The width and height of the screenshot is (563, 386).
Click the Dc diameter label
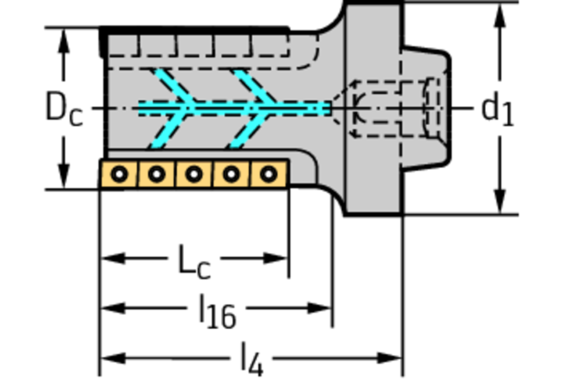point(64,108)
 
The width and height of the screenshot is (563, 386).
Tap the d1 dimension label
point(497,108)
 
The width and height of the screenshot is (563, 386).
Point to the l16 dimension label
point(218,311)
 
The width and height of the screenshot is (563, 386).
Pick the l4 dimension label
point(252,359)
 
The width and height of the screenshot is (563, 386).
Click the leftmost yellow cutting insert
point(119,175)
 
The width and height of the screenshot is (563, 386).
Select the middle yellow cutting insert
point(194,175)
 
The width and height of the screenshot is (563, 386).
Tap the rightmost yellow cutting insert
point(269,175)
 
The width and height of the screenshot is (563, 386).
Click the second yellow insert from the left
point(156,175)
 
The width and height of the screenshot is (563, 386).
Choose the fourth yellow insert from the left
point(231,175)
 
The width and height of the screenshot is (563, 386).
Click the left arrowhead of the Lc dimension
point(113,258)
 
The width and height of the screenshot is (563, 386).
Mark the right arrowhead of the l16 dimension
point(319,308)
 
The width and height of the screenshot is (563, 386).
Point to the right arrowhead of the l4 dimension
point(389,357)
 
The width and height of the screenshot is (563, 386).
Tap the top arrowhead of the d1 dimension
point(500,15)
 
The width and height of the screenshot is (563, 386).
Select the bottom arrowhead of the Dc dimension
point(64,175)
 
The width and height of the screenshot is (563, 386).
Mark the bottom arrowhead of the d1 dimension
point(500,201)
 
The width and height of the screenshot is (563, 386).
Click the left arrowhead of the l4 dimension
point(113,357)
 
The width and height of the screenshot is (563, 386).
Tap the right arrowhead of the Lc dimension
point(276,258)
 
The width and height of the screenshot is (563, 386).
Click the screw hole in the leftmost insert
point(119,175)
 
